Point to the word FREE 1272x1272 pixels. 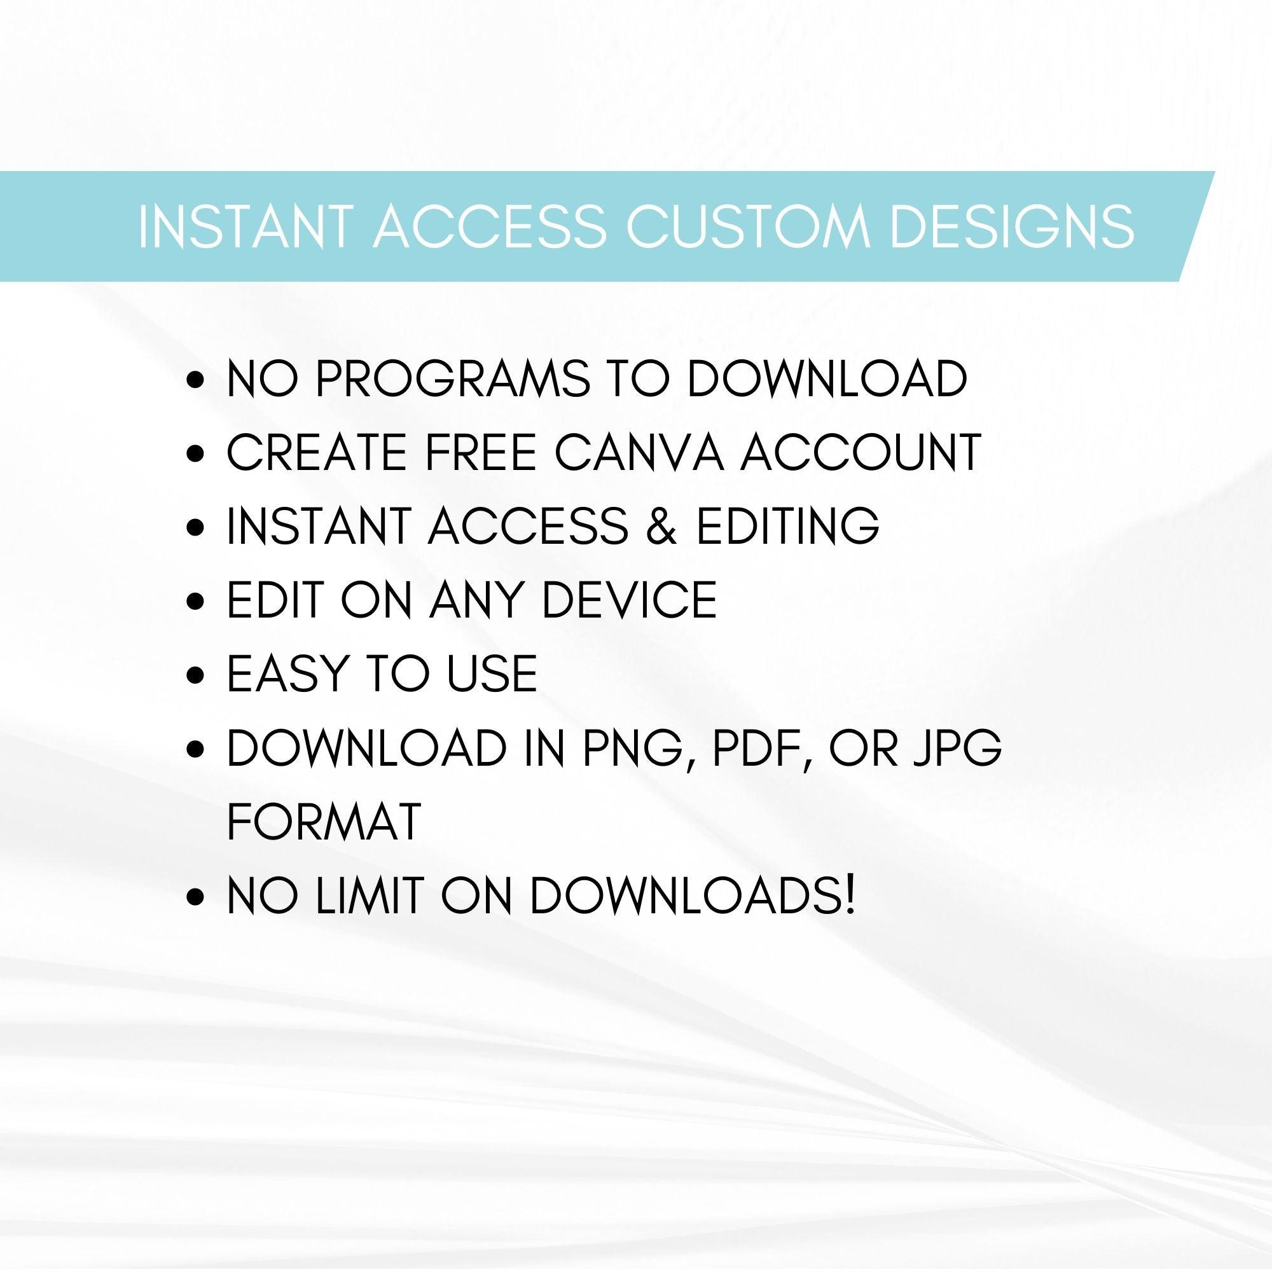point(479,453)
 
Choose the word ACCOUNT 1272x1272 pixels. point(861,453)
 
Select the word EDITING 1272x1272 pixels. point(788,526)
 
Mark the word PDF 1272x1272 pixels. point(763,749)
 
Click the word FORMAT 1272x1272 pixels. point(324,822)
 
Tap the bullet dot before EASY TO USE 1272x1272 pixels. point(194,675)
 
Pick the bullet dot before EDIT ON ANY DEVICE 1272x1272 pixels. point(194,601)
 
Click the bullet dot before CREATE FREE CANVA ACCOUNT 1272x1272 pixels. point(194,454)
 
